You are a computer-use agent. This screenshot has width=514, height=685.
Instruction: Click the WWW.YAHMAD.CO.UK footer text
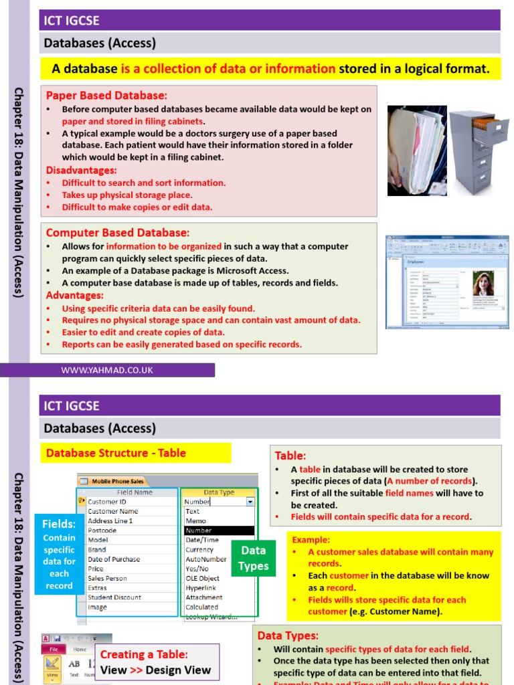(x=107, y=370)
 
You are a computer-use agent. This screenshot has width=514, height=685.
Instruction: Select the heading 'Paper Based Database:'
(x=106, y=95)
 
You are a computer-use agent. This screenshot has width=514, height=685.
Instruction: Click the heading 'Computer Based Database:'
(x=117, y=232)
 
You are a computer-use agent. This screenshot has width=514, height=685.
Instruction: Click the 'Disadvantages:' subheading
(x=81, y=170)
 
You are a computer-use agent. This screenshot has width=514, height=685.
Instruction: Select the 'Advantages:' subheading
(x=74, y=295)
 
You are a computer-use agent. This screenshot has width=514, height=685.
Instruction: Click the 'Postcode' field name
(x=102, y=530)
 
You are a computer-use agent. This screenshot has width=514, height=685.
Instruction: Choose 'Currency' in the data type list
(x=199, y=550)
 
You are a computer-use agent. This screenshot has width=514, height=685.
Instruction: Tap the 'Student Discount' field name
(x=114, y=597)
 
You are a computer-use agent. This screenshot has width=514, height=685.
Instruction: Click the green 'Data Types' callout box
(x=254, y=558)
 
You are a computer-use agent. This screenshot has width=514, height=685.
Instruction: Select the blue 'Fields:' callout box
(x=59, y=555)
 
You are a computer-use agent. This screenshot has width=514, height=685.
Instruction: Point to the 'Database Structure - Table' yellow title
(x=116, y=453)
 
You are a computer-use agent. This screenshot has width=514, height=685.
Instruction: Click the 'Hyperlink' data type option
(x=201, y=588)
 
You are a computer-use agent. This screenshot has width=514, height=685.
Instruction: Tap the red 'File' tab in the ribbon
(x=54, y=649)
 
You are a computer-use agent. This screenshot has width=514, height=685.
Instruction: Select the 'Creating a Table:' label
(x=144, y=654)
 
